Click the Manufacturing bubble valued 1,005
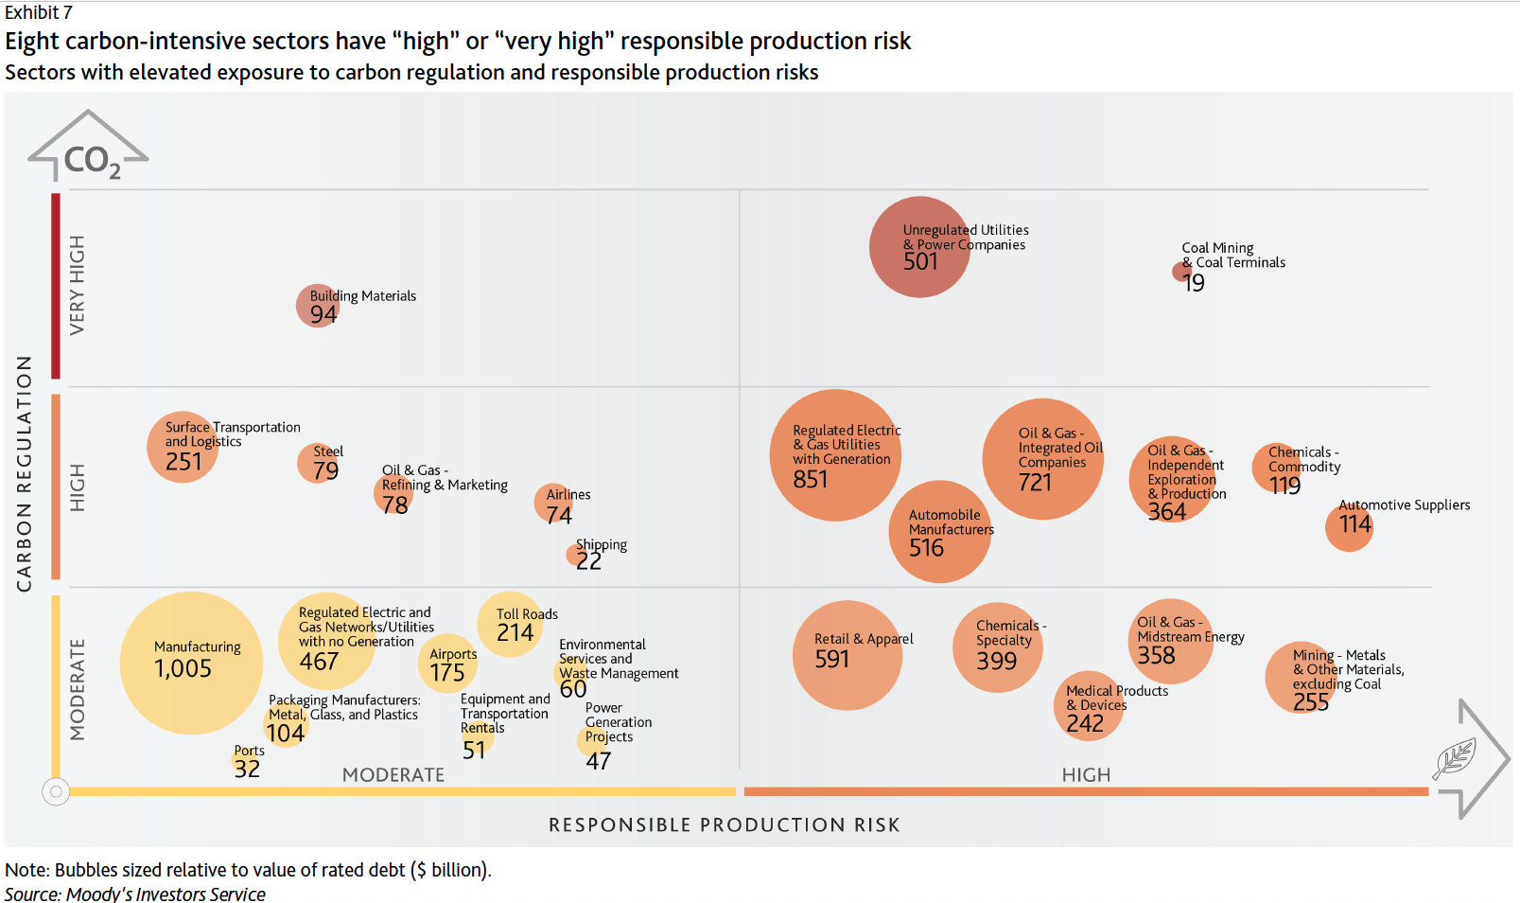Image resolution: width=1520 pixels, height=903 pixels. click(191, 663)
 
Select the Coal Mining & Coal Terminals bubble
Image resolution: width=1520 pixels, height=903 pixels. click(1181, 273)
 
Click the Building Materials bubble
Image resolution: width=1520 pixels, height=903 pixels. click(318, 306)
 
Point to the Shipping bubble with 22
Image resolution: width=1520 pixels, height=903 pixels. click(579, 556)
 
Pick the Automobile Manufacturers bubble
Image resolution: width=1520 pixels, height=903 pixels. click(939, 532)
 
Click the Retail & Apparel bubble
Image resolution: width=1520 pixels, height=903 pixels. click(847, 655)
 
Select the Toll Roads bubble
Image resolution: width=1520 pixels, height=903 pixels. click(510, 625)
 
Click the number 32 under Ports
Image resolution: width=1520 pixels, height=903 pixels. click(247, 769)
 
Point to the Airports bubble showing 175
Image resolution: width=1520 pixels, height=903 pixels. click(447, 664)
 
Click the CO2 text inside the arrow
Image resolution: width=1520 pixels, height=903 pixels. click(92, 161)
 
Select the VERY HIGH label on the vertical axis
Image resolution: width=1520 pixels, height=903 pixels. click(78, 284)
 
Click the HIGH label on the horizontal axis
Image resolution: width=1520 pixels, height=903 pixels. click(1086, 775)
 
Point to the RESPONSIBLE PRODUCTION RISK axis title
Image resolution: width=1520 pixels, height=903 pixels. click(724, 825)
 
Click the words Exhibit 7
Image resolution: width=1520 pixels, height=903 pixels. click(39, 12)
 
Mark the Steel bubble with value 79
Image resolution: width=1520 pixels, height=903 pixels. click(319, 463)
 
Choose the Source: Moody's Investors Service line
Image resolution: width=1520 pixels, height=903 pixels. click(135, 894)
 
